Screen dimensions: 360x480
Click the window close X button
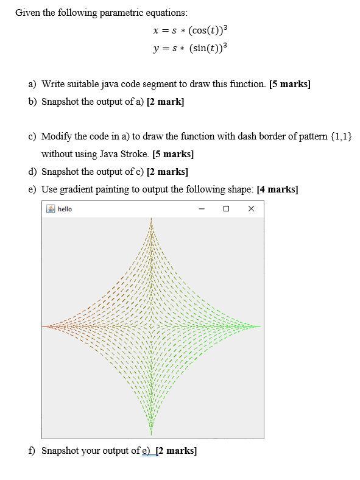(x=251, y=209)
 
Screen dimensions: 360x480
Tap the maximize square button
(x=226, y=209)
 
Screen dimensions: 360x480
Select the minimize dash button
(x=202, y=209)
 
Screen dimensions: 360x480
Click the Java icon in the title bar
(x=51, y=209)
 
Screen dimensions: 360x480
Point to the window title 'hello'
(x=65, y=209)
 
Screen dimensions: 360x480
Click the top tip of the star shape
(x=151, y=219)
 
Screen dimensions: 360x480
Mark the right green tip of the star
(x=259, y=326)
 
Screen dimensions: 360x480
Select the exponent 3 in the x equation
(x=225, y=27)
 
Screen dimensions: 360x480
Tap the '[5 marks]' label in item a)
(x=290, y=84)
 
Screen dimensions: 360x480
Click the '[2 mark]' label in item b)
(x=166, y=102)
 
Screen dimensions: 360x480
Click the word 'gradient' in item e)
(x=77, y=189)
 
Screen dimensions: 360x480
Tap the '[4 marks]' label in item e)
(x=277, y=189)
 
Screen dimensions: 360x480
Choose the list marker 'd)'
(x=33, y=172)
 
